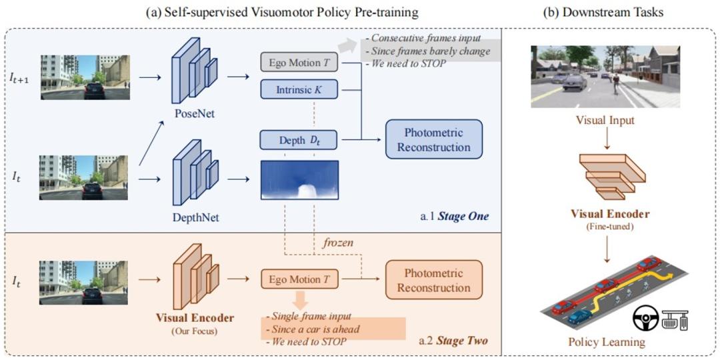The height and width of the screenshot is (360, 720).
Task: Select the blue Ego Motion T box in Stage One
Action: [299, 63]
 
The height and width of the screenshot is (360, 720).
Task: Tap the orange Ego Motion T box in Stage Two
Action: [299, 279]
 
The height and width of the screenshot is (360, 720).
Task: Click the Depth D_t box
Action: [299, 141]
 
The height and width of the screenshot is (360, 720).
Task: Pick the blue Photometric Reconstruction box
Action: [433, 139]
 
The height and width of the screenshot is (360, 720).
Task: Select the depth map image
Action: [299, 179]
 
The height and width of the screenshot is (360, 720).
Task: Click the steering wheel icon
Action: [645, 317]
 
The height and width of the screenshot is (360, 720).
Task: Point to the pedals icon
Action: [675, 318]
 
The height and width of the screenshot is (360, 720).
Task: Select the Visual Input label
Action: [605, 121]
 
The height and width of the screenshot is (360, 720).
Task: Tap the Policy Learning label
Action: [606, 342]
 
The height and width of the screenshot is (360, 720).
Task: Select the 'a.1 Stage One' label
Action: [459, 217]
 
